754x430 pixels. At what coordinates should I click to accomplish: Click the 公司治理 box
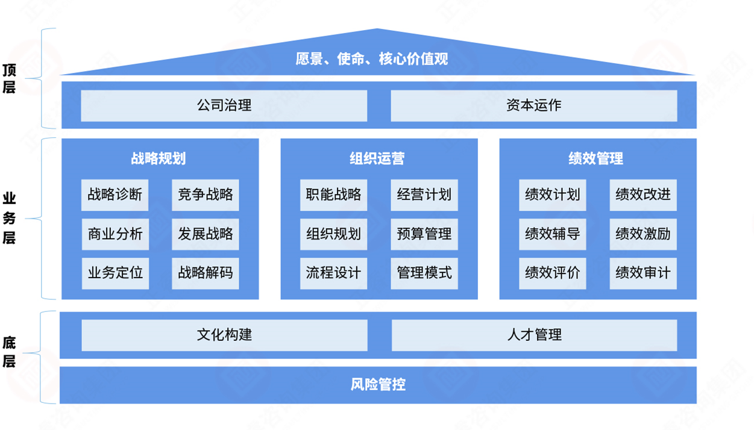coord(224,105)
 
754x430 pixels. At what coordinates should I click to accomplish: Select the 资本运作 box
coord(533,105)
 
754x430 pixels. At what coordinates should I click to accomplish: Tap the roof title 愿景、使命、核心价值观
coord(372,59)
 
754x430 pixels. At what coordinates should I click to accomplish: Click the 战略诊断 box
coord(115,195)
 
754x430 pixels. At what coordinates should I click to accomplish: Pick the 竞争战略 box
coord(205,195)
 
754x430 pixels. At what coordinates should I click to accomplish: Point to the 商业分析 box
coord(115,234)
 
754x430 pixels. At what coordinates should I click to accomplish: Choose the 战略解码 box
coord(205,272)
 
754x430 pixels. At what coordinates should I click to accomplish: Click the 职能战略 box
coord(333,195)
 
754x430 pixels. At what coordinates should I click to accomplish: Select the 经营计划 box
coord(424,195)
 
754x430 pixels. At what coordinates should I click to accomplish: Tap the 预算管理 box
coord(424,234)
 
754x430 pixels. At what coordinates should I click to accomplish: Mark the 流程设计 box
coord(333,272)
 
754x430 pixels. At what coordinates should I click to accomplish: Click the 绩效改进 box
coord(642,195)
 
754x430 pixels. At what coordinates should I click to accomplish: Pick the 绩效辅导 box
coord(552,234)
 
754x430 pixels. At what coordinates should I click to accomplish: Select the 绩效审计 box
coord(642,272)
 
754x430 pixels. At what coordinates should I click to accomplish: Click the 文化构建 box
coord(224,335)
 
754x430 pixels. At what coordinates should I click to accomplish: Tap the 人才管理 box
coord(534,335)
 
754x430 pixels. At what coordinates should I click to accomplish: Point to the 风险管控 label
coord(378,384)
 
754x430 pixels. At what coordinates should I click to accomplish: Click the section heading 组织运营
coord(378,158)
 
